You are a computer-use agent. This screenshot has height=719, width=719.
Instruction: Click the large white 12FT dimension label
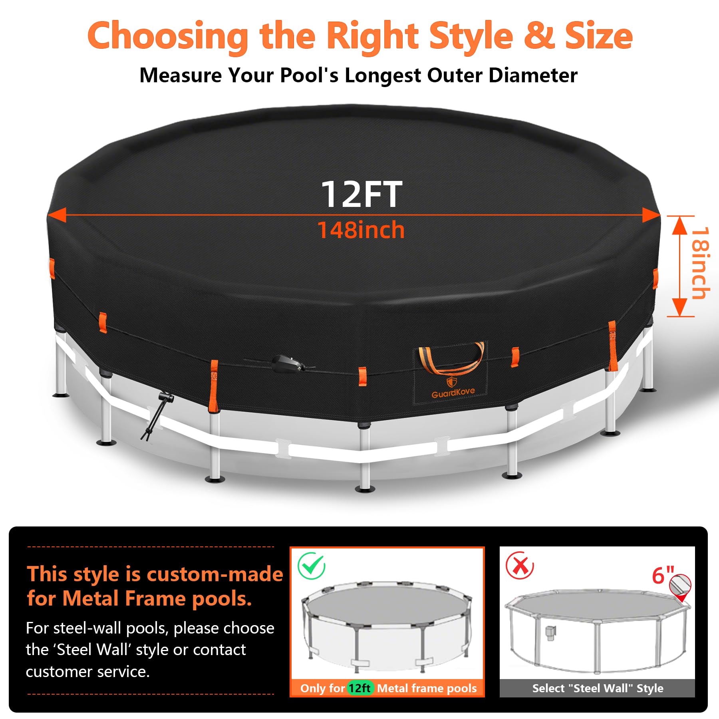(361, 194)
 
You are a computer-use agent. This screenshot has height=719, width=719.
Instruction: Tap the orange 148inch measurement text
(361, 230)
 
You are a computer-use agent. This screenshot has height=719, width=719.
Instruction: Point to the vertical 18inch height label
(700, 263)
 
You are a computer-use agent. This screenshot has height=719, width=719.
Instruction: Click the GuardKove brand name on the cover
(453, 393)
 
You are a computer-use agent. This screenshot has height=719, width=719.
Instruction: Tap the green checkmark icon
(312, 566)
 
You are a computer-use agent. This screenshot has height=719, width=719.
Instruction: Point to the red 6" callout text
(663, 575)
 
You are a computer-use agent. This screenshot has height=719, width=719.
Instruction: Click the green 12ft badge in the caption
(360, 688)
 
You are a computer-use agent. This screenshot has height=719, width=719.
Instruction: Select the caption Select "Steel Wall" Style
(598, 688)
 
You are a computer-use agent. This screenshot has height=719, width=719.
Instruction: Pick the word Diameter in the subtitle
(533, 75)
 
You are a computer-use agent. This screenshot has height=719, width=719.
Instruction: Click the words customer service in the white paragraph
(87, 672)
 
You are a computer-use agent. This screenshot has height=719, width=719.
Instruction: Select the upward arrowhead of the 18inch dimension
(679, 225)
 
